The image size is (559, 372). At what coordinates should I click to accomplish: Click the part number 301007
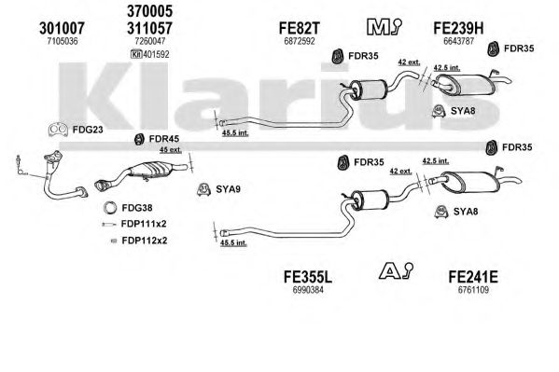[x=62, y=28]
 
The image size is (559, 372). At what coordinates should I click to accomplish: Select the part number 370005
[x=149, y=11]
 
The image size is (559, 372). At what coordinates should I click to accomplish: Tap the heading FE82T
[x=300, y=28]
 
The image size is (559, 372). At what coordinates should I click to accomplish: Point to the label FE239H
[x=458, y=28]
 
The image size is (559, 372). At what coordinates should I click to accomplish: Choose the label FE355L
[x=308, y=277]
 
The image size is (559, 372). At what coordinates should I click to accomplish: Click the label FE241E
[x=473, y=277]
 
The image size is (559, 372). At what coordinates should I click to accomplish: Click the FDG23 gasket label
[x=88, y=130]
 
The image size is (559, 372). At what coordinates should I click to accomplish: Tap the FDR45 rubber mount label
[x=164, y=139]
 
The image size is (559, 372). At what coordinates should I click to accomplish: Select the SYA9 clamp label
[x=228, y=189]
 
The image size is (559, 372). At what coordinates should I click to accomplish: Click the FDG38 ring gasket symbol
[x=110, y=208]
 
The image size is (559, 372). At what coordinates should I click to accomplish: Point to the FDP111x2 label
[x=144, y=224]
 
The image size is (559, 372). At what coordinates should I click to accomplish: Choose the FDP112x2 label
[x=145, y=241]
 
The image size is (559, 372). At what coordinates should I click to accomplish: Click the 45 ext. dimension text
[x=171, y=150]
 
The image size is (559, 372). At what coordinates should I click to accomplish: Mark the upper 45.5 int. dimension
[x=235, y=133]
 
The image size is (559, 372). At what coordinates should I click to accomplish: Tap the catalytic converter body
[x=151, y=169]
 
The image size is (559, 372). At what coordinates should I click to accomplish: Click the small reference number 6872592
[x=300, y=41]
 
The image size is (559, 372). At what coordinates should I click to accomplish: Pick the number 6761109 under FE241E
[x=473, y=290]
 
